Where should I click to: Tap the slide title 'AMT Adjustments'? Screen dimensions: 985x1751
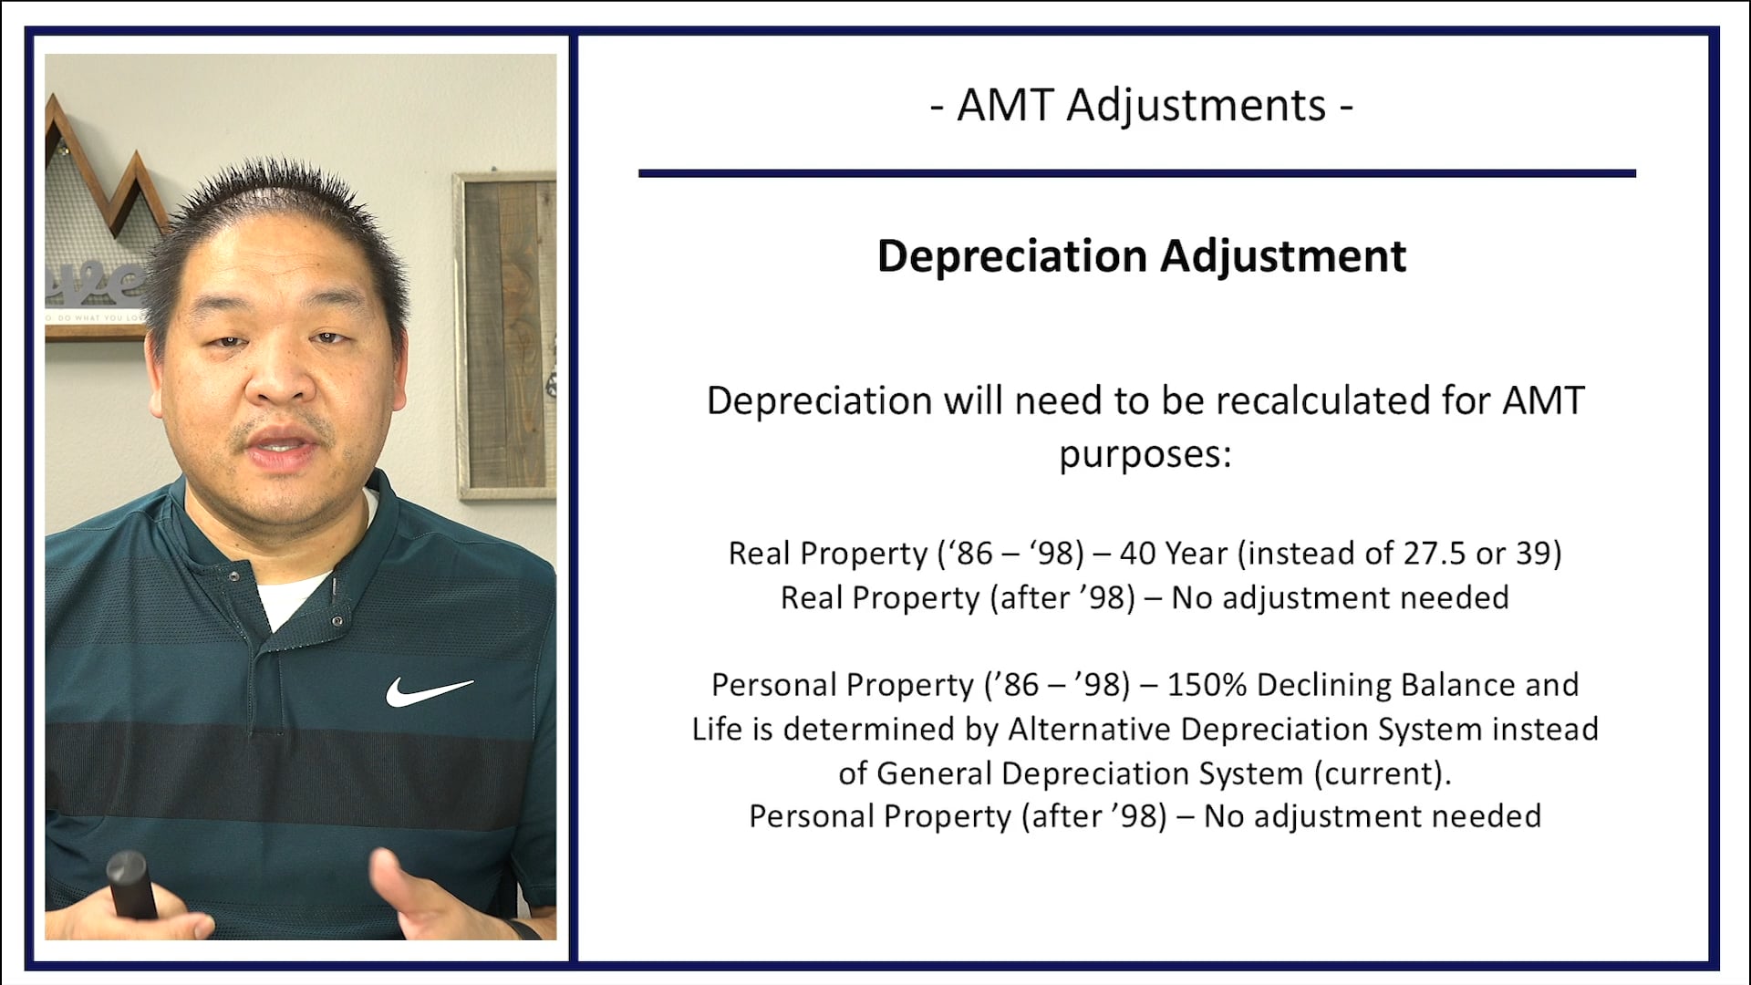tap(1141, 105)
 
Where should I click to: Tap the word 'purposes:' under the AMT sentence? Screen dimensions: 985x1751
tap(1145, 453)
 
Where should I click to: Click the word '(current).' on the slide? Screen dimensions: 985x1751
tap(1383, 773)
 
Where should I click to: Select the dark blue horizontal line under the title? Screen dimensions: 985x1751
tap(1136, 173)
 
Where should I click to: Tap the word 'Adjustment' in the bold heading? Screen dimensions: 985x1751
tap(1283, 256)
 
